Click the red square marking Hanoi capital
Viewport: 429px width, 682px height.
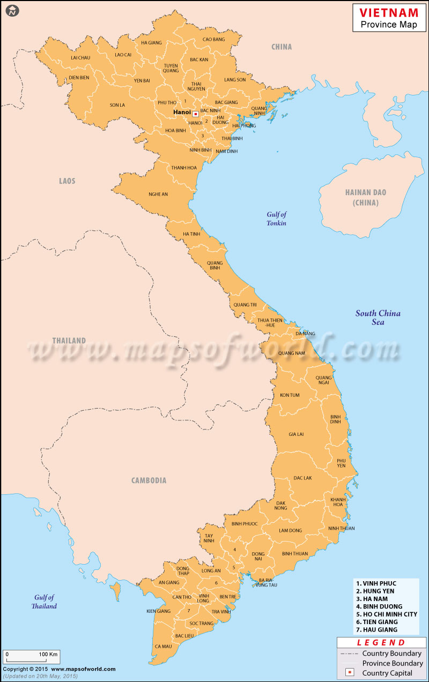(196, 114)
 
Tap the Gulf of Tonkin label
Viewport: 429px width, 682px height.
(277, 219)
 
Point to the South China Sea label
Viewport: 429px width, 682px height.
(378, 317)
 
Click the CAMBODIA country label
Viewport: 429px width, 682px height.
(149, 480)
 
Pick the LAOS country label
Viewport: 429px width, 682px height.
(67, 181)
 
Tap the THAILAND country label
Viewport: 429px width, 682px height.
(69, 340)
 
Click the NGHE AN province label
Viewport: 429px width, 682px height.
(158, 194)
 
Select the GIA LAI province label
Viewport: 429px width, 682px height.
(296, 434)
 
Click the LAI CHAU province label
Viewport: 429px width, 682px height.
(80, 57)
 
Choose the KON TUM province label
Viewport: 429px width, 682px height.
(290, 395)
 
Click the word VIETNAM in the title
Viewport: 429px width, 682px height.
(389, 12)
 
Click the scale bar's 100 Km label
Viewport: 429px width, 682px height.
(48, 655)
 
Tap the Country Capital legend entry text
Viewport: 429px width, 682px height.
(387, 673)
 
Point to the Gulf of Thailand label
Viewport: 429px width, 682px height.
(43, 602)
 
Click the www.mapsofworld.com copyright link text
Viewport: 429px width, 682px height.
(84, 669)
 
